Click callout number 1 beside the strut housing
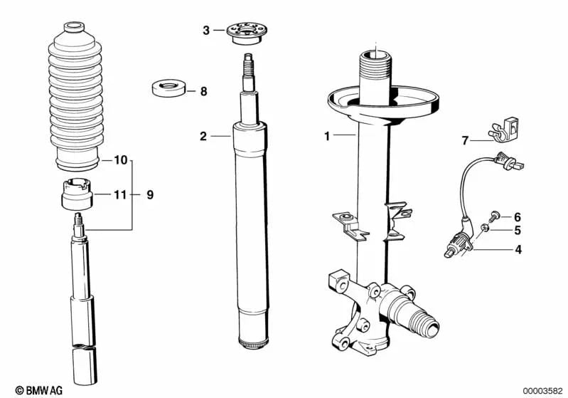[x=327, y=135]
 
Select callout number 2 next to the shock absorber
[x=203, y=135]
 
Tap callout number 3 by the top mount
[x=206, y=30]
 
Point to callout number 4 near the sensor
[x=518, y=250]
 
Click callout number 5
[x=518, y=231]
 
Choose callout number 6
[x=518, y=216]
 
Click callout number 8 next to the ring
[x=203, y=91]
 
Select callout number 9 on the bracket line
[x=149, y=194]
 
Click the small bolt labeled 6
[x=495, y=215]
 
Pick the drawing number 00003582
[x=543, y=389]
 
